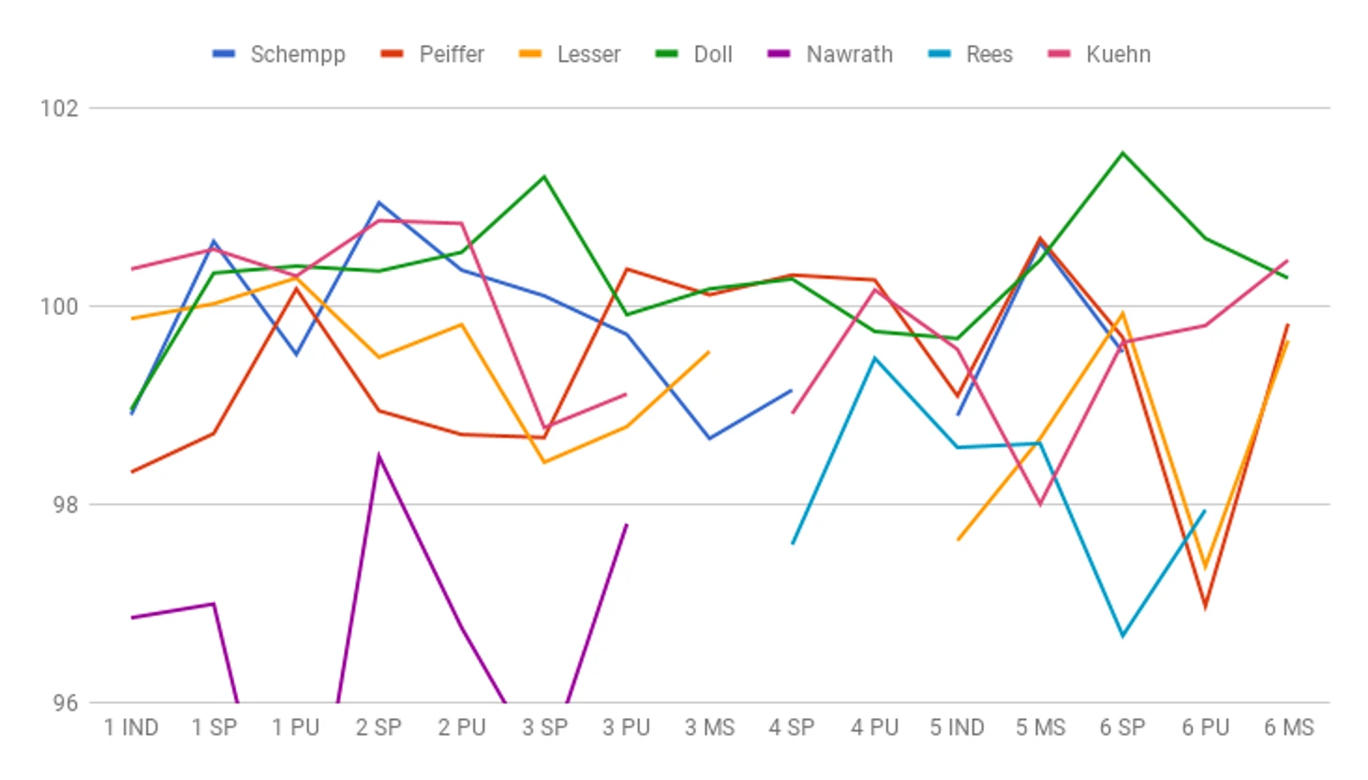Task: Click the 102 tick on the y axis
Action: [x=58, y=108]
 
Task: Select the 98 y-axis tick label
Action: [x=64, y=504]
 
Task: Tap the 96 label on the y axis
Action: [x=64, y=703]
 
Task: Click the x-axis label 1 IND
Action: [x=131, y=727]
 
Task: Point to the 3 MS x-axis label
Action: [x=709, y=727]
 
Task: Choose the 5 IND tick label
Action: [x=957, y=727]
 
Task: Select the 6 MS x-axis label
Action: [x=1288, y=727]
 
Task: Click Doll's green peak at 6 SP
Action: [x=1123, y=153]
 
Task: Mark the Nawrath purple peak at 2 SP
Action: [x=379, y=456]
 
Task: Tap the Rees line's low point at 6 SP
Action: [x=1123, y=636]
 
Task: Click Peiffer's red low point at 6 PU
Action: [x=1205, y=607]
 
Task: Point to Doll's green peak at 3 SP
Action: [x=544, y=176]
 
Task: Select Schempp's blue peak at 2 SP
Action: [x=379, y=202]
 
